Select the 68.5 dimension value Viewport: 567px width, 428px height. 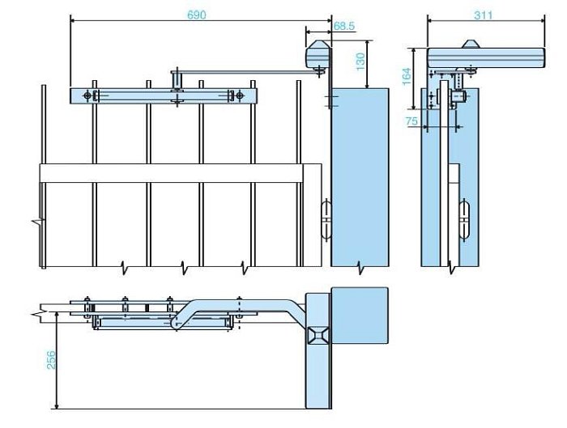click(343, 27)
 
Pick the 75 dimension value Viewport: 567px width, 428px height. click(411, 121)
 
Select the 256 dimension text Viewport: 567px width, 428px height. click(50, 360)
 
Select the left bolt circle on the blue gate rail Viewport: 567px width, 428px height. click(87, 96)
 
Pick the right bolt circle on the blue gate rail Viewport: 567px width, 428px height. click(240, 96)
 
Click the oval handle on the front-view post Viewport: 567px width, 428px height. click(327, 218)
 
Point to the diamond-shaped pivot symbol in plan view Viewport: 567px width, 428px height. click(317, 334)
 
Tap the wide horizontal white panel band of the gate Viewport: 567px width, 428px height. click(178, 172)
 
